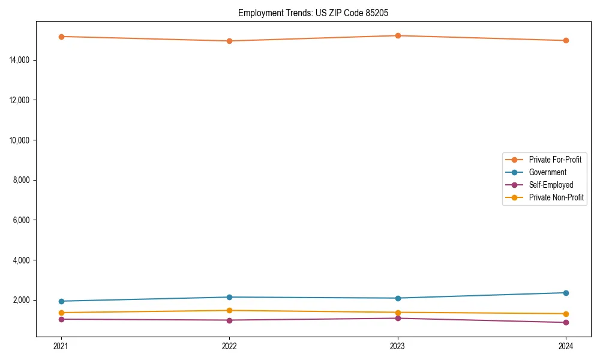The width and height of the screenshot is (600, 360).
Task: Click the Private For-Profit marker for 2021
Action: point(61,37)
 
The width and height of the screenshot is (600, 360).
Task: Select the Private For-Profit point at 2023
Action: point(397,35)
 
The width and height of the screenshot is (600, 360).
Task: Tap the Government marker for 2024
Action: point(566,293)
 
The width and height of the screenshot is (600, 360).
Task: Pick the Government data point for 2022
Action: point(229,297)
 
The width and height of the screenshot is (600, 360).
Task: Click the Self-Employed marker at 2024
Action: point(566,323)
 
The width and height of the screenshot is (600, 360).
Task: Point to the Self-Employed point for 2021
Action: point(61,319)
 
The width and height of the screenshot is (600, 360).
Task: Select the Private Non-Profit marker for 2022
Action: point(229,310)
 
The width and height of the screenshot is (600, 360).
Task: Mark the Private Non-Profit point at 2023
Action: point(397,313)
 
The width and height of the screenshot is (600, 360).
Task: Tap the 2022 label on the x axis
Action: point(229,346)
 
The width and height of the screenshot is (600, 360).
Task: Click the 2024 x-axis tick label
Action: point(566,346)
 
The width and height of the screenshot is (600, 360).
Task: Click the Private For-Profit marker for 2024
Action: point(566,40)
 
